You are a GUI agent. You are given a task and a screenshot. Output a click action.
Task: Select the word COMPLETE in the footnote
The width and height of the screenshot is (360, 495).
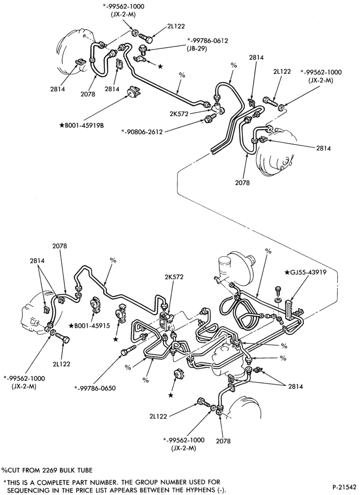point(68,482)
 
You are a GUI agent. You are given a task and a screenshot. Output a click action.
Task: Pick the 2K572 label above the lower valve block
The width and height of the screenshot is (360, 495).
point(173,277)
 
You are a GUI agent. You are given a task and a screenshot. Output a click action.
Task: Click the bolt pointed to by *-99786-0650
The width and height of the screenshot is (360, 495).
point(128,349)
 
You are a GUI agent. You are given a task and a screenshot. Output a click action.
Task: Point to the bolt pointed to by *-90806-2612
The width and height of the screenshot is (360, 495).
point(210,119)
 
